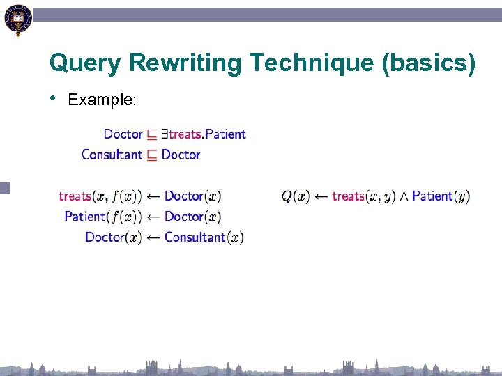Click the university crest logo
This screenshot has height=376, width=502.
[x=18, y=19]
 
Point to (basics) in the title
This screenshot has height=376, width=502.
[x=428, y=64]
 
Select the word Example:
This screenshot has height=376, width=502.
[x=102, y=100]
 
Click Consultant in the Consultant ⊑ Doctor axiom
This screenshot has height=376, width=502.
[x=112, y=155]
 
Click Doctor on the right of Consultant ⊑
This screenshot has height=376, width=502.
[x=181, y=155]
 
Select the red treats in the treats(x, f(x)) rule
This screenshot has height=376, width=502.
[x=75, y=196]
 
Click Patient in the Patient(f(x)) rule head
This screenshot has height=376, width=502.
[x=84, y=217]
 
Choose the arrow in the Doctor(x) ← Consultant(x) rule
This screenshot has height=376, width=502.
[x=153, y=237]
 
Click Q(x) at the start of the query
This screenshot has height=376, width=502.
[x=296, y=196]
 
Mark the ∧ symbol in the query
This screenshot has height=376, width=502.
[x=404, y=196]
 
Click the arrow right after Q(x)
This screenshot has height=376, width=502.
[x=321, y=196]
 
